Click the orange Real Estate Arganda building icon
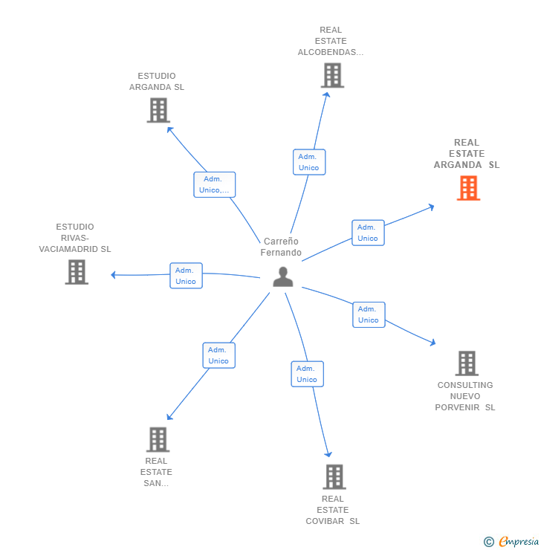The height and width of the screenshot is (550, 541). click(468, 188)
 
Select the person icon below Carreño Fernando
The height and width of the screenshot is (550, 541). click(283, 276)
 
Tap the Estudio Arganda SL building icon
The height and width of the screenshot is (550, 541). click(158, 110)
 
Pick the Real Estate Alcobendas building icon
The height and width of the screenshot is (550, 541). click(332, 75)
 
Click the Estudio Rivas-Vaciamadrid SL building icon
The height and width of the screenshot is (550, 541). click(77, 272)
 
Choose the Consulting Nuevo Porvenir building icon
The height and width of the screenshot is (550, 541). click(467, 363)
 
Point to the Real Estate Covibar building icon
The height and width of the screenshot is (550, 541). click(334, 477)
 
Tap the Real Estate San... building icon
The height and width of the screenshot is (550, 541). click(158, 439)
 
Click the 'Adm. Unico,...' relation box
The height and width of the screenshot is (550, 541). click(215, 184)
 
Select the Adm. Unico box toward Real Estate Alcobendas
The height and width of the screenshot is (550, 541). click(309, 162)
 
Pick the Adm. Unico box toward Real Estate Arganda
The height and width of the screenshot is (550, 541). click(368, 233)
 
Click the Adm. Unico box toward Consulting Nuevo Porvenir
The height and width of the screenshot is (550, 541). click(369, 314)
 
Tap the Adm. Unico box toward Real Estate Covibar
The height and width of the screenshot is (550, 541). click(307, 374)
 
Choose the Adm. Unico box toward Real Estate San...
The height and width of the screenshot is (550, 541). click(218, 355)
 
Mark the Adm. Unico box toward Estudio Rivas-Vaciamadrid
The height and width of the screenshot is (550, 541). click(187, 276)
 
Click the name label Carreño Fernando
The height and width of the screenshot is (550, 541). click(281, 247)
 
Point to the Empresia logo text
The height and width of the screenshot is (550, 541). click(519, 541)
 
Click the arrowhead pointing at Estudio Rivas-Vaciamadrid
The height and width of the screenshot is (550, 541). click(113, 275)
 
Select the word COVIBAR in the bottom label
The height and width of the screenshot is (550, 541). click(325, 521)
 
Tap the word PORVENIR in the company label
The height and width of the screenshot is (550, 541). click(457, 407)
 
